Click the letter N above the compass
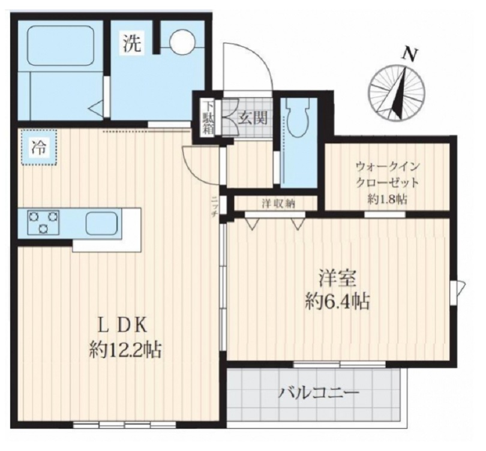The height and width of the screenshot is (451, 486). (410, 55)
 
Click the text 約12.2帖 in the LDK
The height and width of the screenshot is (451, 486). (125, 349)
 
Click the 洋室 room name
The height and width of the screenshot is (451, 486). (338, 279)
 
